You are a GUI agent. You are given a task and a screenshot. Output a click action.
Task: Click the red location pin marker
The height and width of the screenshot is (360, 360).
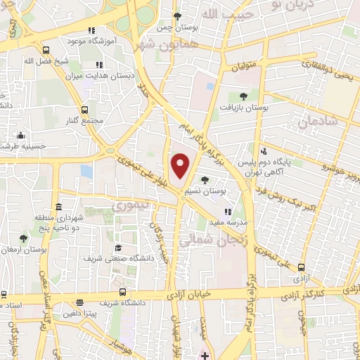point(181,165)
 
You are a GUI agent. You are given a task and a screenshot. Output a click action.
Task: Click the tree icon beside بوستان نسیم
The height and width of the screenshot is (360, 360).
point(205,180)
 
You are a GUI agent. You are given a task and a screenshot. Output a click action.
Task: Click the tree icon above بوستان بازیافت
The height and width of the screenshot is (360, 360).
point(243,96)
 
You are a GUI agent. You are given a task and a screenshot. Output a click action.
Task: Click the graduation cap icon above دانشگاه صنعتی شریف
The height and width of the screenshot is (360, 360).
point(118,248)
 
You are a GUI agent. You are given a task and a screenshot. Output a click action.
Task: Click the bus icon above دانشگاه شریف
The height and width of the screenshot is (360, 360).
point(123,291)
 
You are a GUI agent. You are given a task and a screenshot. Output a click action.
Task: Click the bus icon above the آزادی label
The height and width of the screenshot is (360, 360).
point(302,267)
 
